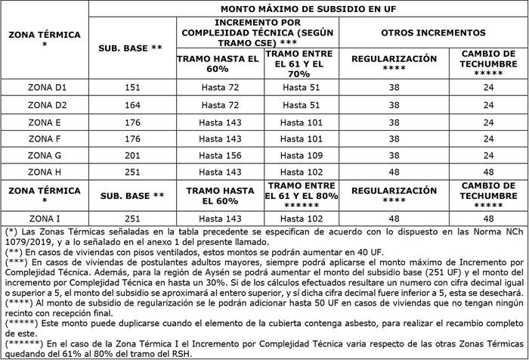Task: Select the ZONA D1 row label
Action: [x=45, y=88]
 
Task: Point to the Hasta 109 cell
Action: [x=305, y=155]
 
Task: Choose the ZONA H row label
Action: [x=45, y=172]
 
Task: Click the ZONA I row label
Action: [x=45, y=218]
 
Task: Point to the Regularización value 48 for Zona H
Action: [x=394, y=172]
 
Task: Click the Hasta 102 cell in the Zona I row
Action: [x=305, y=218]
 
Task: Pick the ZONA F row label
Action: [x=45, y=138]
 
